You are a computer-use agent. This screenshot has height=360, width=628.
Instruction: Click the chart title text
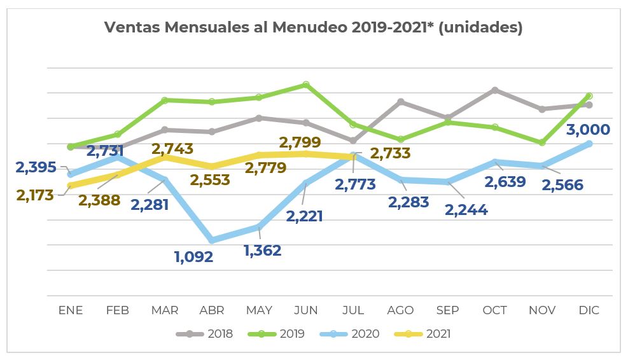point(313,28)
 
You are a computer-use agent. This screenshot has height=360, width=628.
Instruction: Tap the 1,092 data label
point(193,258)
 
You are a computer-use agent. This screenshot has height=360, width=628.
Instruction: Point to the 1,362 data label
point(262,250)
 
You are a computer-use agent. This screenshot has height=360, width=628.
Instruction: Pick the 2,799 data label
point(300,142)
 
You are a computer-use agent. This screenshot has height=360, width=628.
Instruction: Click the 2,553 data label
point(211,180)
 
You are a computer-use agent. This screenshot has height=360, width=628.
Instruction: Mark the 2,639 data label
point(505,182)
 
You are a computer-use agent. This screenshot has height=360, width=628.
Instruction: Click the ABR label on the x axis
point(212,310)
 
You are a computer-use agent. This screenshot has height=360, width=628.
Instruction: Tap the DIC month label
point(589,310)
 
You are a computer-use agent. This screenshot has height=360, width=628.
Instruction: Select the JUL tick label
point(353,310)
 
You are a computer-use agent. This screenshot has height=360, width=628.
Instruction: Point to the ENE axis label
point(71,310)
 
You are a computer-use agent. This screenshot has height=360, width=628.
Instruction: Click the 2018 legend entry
point(204,334)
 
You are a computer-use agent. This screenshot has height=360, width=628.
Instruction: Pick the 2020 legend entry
point(352,334)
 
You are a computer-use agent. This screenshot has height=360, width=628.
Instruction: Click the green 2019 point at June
point(306,85)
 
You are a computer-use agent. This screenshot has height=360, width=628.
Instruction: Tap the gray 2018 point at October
point(494,90)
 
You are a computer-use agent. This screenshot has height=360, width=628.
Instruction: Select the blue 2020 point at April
point(212,240)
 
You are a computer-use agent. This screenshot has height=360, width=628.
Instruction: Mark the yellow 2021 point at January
point(71,186)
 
